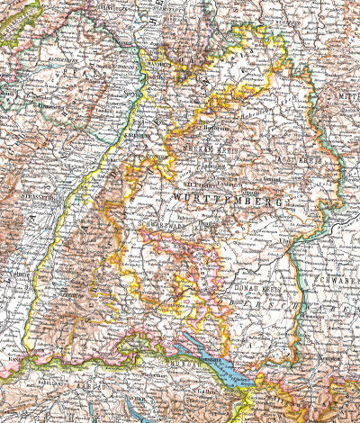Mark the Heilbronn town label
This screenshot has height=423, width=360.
pos(204,129)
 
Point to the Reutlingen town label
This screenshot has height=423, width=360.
pos(208,220)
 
